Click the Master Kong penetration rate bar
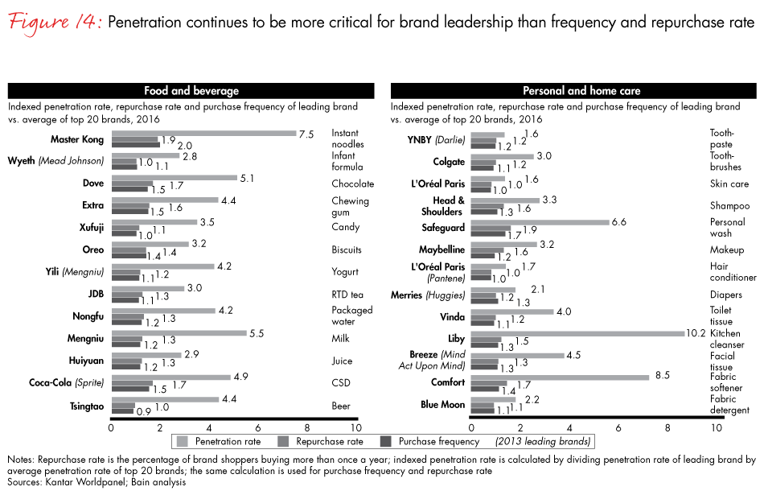tap(203, 133)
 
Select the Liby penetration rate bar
tap(577, 333)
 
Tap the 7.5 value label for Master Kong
tap(306, 134)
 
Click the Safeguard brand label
tap(443, 228)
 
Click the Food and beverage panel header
tap(191, 91)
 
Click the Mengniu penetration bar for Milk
tap(179, 332)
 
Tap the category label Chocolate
tap(352, 184)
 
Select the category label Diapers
tap(726, 295)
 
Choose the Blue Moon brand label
tap(442, 405)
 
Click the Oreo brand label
tap(93, 250)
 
